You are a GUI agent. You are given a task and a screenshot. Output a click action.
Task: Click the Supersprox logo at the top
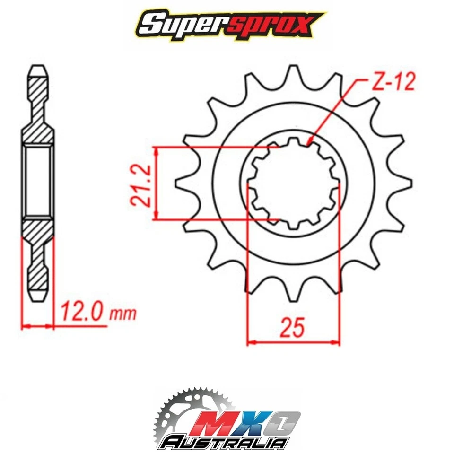coord(227,23)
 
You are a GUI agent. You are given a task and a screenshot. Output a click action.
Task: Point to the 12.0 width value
coord(81,313)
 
